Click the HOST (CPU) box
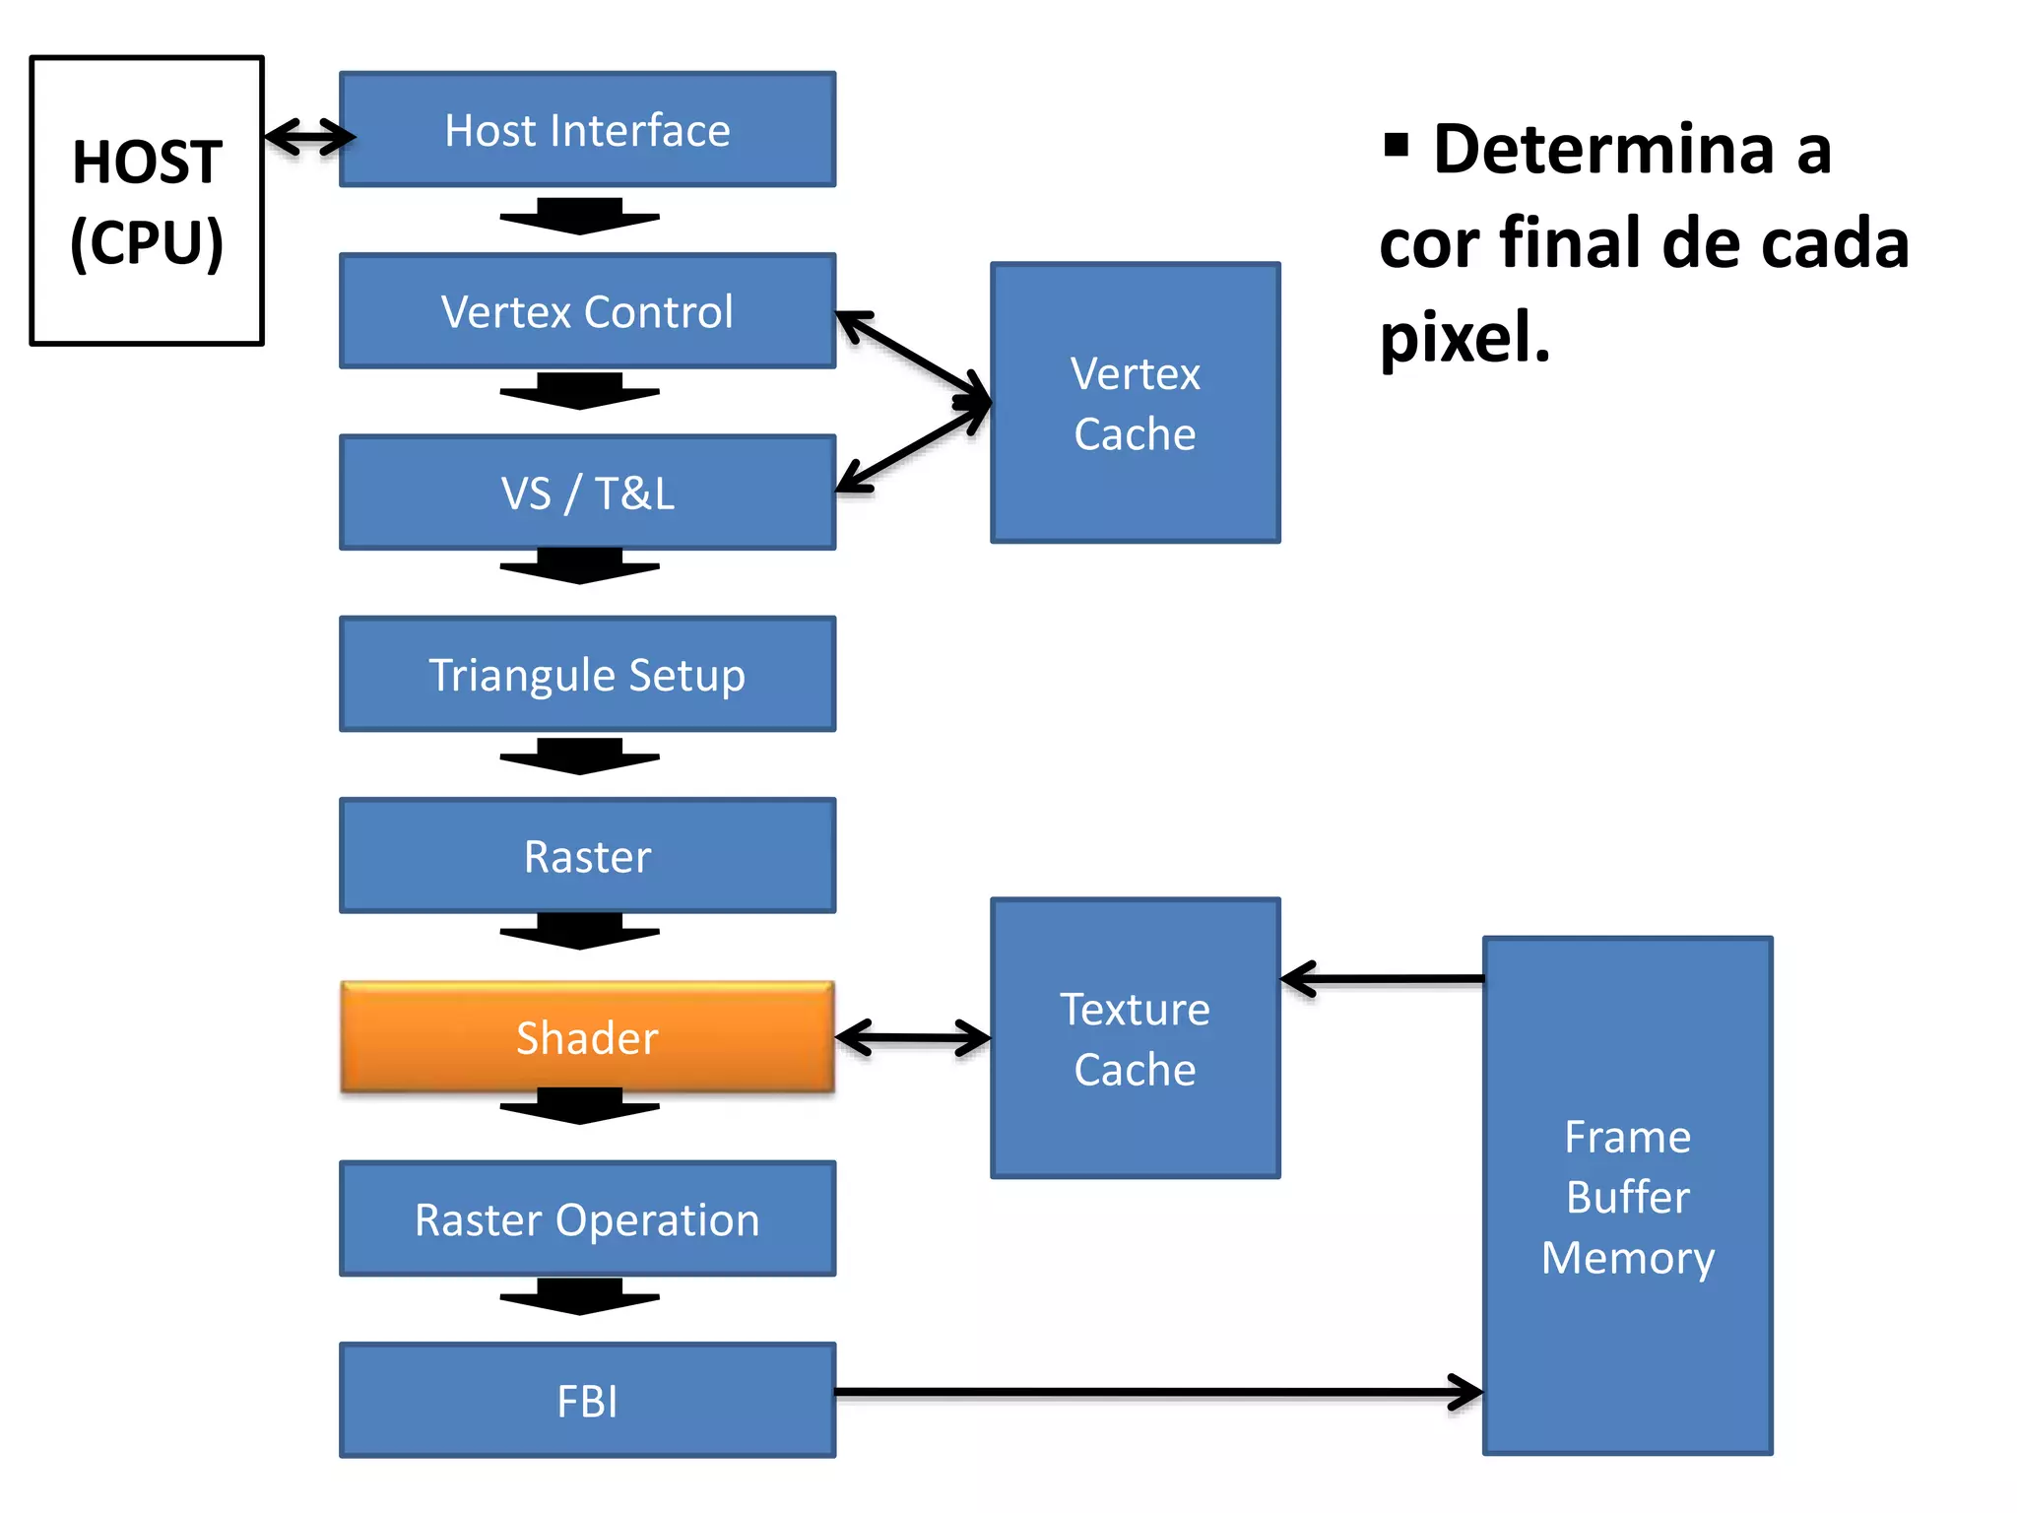point(147,201)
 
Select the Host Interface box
point(587,130)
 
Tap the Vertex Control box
point(587,311)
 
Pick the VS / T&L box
point(587,493)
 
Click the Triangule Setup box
point(587,674)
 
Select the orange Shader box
point(587,1037)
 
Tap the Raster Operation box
point(587,1218)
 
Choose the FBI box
point(587,1400)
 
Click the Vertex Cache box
point(1135,403)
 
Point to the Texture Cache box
point(1135,1038)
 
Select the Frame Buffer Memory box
point(1627,1196)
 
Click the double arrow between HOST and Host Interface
point(309,136)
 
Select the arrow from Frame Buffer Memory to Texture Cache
point(1384,979)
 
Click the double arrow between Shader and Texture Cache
point(913,1037)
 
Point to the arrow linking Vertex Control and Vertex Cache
point(914,358)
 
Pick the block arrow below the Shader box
point(579,1106)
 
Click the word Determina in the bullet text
point(1603,150)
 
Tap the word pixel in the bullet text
point(1464,337)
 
